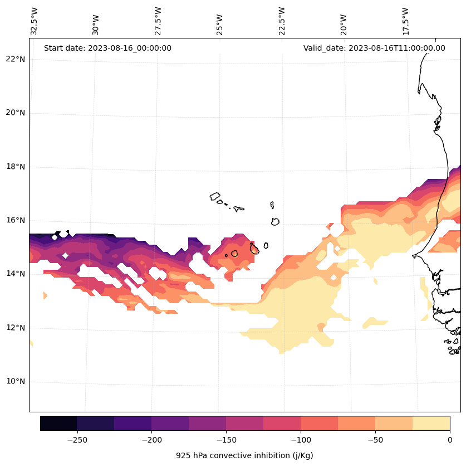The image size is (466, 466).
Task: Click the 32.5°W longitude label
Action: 35,21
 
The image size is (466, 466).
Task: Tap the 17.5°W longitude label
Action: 406,21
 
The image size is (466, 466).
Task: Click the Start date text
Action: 107,48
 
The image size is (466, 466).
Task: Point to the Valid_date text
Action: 374,48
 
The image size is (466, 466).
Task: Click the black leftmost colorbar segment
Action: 58,423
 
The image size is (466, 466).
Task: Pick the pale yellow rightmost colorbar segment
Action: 431,423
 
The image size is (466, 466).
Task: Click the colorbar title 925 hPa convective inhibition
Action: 244,455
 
